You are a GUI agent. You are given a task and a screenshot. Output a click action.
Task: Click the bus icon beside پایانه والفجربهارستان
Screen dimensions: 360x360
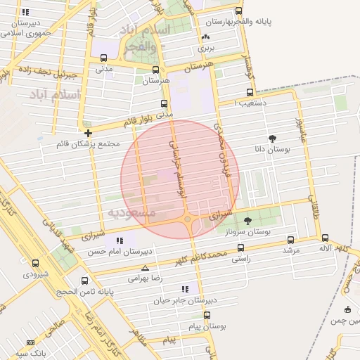(239, 11)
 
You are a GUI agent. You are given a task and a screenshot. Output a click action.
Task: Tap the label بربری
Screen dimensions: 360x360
(205, 49)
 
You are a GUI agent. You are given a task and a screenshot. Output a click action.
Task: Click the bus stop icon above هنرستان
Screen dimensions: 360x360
(155, 70)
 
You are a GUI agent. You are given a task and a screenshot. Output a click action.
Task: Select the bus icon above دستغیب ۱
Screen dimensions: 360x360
(250, 92)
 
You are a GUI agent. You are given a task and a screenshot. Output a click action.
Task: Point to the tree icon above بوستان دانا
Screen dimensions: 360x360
(273, 139)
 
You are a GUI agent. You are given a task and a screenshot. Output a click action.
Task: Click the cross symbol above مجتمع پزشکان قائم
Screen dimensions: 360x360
(87, 133)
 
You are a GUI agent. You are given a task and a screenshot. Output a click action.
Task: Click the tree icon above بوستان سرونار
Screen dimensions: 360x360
(266, 220)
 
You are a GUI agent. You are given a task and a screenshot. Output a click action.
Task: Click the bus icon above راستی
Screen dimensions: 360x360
(241, 247)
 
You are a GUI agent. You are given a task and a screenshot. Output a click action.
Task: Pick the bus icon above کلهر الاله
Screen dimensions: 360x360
(326, 238)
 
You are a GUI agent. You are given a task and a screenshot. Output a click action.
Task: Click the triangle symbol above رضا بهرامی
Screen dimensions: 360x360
(145, 268)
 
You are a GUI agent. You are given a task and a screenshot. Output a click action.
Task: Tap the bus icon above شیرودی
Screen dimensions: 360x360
(35, 264)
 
